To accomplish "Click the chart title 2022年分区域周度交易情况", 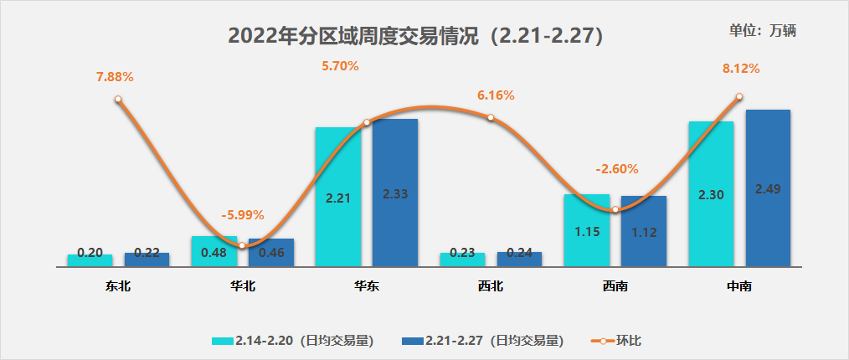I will point(416,36).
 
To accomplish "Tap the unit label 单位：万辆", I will point(762,30).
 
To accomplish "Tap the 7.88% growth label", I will point(115,77).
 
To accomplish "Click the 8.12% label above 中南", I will point(741,69).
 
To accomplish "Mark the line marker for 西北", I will point(491,118).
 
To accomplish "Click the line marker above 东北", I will point(118,99).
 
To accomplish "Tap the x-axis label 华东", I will point(367,286).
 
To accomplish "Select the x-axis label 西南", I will point(615,286).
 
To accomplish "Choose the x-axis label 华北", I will point(243,286).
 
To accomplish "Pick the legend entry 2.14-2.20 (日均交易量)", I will point(292,341).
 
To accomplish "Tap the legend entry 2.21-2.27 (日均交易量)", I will point(483,341).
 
